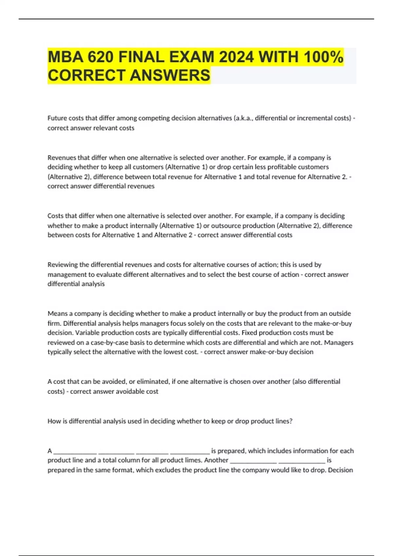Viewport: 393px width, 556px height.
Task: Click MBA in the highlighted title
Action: tap(65, 57)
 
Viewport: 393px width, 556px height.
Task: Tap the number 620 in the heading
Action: tap(101, 57)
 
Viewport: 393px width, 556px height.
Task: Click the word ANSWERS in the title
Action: tap(170, 75)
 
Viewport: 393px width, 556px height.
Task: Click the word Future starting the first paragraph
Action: tap(57, 118)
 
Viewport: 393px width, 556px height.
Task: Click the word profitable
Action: tap(310, 167)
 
